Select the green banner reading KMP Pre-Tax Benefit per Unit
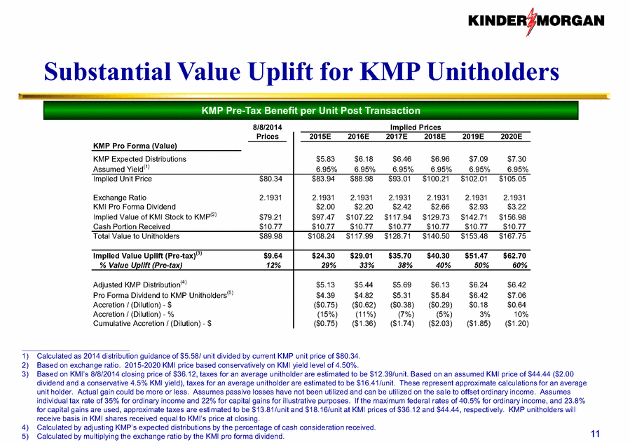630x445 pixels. coord(310,111)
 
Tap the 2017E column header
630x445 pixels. coord(397,137)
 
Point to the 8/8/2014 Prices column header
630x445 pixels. coord(267,132)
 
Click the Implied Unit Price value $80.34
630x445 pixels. coord(271,179)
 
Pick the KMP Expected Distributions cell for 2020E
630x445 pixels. coord(516,160)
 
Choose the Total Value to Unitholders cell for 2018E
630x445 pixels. coord(436,236)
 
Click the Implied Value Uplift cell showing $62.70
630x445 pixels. coord(514,256)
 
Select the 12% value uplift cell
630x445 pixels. coord(273,265)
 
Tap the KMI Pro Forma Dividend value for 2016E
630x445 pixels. coord(363,207)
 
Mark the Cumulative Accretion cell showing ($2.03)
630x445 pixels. coord(440,324)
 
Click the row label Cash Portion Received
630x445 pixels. coord(131,226)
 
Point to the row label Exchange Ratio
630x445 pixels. coord(120,198)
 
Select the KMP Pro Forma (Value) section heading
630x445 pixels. coord(135,146)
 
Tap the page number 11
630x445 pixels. coord(595,434)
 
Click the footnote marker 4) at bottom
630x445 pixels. coord(26,427)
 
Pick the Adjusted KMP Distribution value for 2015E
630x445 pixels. coord(325,285)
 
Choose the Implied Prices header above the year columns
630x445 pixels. coord(416,128)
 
